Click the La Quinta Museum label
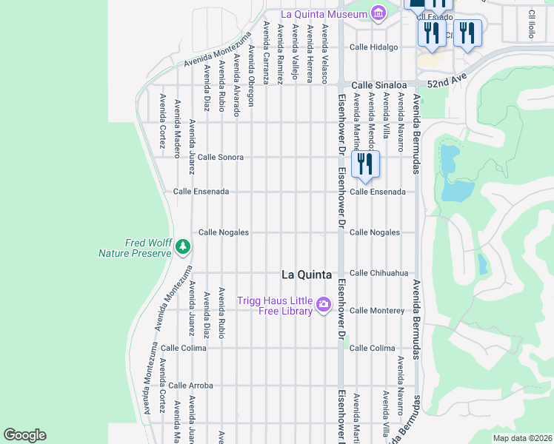coord(324,14)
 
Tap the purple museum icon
coord(378,13)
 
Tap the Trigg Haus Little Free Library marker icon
coord(323,304)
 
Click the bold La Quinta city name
coord(306,274)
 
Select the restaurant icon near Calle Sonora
coord(364,164)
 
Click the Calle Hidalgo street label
coord(374,47)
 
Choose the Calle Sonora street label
coord(220,158)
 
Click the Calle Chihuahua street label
coord(378,273)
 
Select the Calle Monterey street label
coord(377,311)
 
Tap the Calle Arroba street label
coord(190,386)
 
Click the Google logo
coord(25,435)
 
